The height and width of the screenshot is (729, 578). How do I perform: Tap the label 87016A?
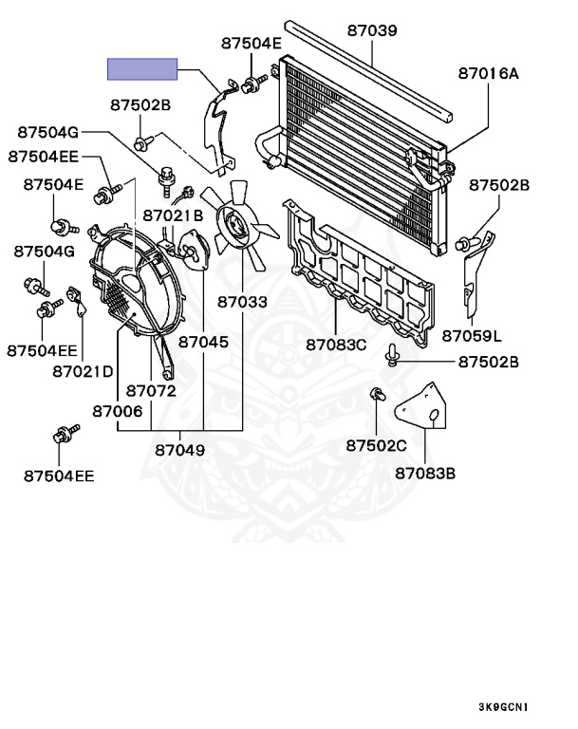[x=489, y=72]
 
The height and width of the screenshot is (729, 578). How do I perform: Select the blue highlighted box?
[x=142, y=68]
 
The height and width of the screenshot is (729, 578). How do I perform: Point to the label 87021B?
[x=174, y=215]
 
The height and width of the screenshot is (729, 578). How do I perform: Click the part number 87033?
[x=242, y=303]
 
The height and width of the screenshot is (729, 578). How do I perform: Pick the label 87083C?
[x=336, y=344]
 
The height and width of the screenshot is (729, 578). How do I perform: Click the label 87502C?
[x=376, y=445]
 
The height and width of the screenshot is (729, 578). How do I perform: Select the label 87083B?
[x=425, y=472]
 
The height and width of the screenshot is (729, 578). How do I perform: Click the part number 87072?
[x=151, y=390]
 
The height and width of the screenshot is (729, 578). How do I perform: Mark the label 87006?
[x=118, y=411]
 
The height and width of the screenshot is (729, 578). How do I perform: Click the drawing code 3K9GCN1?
[x=503, y=706]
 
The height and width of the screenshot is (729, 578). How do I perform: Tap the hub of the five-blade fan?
[x=233, y=224]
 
